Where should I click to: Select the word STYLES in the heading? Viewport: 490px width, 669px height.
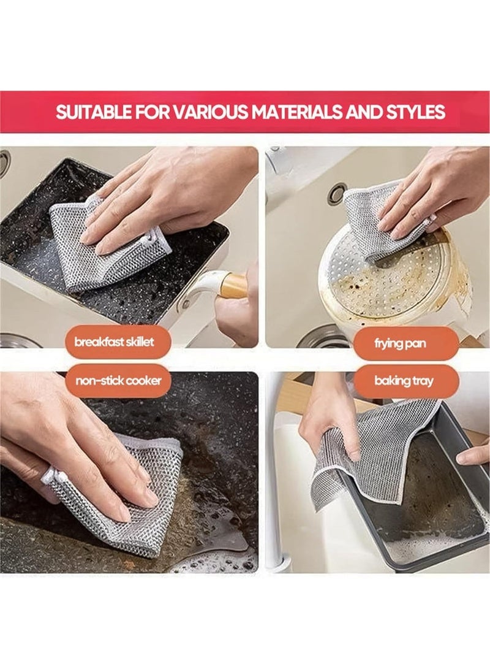coord(416,112)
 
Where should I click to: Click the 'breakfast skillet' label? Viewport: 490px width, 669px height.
coord(114,342)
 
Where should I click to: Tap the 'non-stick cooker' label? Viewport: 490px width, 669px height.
coord(118,381)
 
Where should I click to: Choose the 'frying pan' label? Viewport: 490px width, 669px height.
coord(400,343)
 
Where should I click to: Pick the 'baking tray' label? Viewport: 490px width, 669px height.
coord(404,381)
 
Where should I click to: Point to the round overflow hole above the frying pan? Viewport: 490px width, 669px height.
coord(337,193)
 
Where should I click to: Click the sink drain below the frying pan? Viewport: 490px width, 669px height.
coord(324,337)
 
